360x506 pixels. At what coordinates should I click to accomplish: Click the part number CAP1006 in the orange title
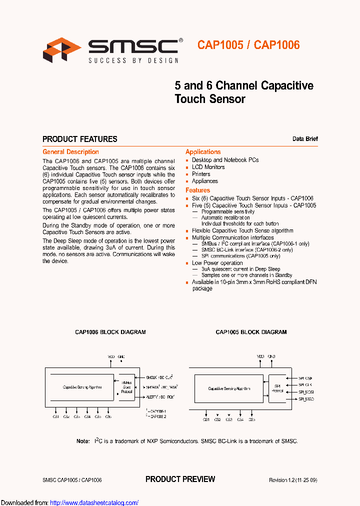click(277, 45)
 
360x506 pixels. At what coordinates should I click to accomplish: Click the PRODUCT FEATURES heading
click(80, 139)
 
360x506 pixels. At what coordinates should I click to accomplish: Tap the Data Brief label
click(305, 139)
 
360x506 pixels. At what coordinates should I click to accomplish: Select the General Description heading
click(70, 152)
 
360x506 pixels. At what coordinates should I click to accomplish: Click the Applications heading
click(203, 152)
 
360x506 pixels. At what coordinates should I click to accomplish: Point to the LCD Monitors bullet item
click(208, 167)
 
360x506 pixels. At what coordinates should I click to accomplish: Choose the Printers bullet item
click(201, 174)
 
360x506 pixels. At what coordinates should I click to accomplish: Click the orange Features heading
click(197, 190)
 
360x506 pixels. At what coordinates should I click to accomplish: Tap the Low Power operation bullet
click(217, 263)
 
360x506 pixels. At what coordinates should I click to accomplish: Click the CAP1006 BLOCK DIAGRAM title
click(110, 332)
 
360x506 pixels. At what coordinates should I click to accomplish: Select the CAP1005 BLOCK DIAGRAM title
click(251, 332)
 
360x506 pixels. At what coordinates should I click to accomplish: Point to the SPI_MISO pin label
click(306, 399)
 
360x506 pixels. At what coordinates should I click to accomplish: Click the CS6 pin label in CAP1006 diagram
click(108, 416)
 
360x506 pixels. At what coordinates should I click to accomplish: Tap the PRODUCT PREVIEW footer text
click(180, 479)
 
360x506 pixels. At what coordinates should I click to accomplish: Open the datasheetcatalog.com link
click(94, 502)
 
